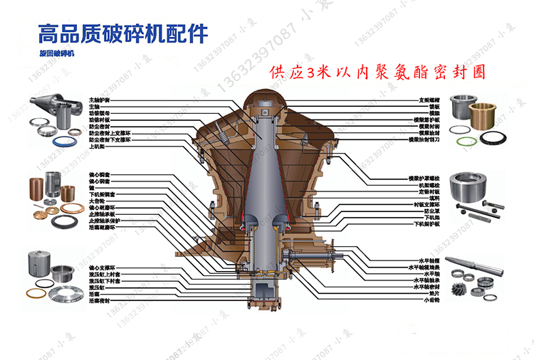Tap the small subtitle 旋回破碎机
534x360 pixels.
tap(58, 53)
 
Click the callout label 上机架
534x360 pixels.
tap(96, 147)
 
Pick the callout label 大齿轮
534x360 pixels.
tap(95, 200)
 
